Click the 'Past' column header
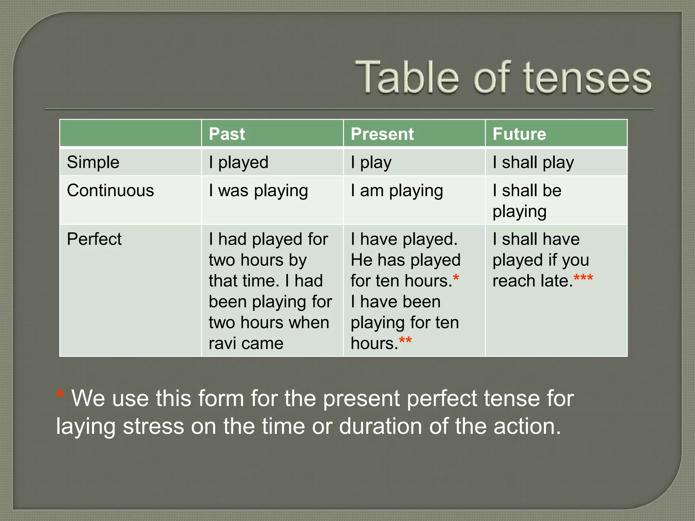227,134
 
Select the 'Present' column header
382,134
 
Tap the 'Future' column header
519,134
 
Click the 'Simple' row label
93,162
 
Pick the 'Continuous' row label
110,190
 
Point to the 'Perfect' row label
94,239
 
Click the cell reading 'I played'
239,162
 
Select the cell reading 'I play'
371,162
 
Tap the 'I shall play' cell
533,162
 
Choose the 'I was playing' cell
258,190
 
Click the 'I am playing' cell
397,190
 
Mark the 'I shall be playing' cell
527,201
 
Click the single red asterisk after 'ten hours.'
456,278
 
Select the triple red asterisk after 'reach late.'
583,278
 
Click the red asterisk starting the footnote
60,394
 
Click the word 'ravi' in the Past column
222,343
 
